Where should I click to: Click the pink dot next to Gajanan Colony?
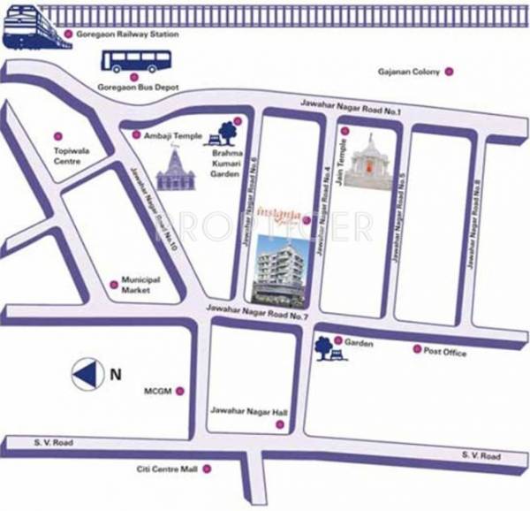[449, 71]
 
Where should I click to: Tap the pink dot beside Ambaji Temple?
[135, 135]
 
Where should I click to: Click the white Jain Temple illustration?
[367, 161]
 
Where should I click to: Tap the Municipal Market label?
[140, 285]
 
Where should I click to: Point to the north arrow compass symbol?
[88, 374]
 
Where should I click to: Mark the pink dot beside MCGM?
[181, 390]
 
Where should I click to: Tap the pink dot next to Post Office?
[417, 350]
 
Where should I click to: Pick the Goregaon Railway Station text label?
[138, 34]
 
